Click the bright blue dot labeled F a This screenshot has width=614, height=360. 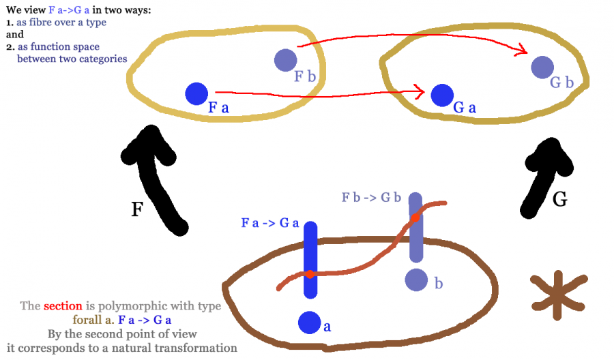pyautogui.click(x=196, y=93)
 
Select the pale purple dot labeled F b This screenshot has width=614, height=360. pyautogui.click(x=284, y=60)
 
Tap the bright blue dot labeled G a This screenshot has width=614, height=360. pyautogui.click(x=442, y=95)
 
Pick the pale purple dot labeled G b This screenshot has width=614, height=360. pyautogui.click(x=542, y=67)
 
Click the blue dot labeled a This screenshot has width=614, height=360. pyautogui.click(x=309, y=322)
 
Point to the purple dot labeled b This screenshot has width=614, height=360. pyautogui.click(x=416, y=280)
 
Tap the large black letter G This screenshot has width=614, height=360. pyautogui.click(x=559, y=198)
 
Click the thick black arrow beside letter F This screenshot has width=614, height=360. pyautogui.click(x=162, y=177)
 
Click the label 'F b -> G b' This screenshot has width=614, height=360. pyautogui.click(x=370, y=198)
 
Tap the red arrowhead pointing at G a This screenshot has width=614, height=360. pyautogui.click(x=420, y=90)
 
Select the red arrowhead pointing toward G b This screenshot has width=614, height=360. pyautogui.click(x=522, y=49)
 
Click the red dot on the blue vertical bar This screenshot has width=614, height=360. pyautogui.click(x=309, y=273)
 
